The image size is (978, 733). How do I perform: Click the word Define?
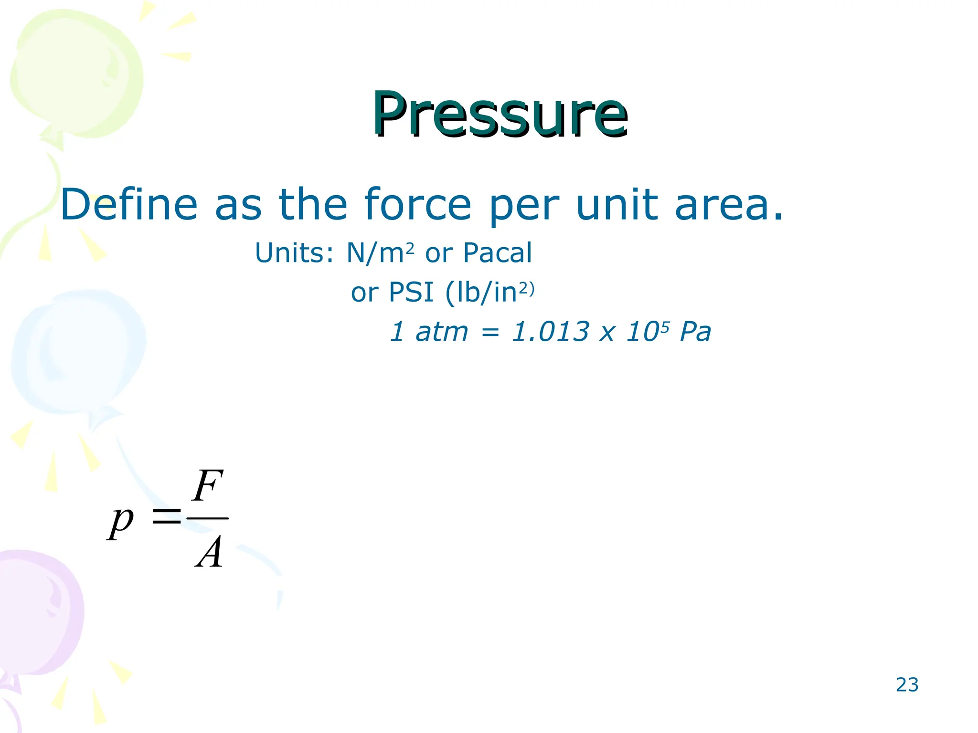129,205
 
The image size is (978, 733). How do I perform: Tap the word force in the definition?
418,205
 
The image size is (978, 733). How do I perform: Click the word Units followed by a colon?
294,253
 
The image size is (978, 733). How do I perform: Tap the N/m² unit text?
380,252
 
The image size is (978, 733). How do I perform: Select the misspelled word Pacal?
497,253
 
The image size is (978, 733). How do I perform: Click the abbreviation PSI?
411,292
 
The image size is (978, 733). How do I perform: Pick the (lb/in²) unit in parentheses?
489,292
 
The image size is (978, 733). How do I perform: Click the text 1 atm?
429,332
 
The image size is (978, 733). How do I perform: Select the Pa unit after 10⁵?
695,332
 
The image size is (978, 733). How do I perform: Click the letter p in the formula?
120,522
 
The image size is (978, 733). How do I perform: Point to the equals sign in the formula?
166,516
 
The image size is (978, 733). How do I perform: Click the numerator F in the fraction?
207,485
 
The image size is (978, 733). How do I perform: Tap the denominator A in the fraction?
209,552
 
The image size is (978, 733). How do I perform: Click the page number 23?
907,685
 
